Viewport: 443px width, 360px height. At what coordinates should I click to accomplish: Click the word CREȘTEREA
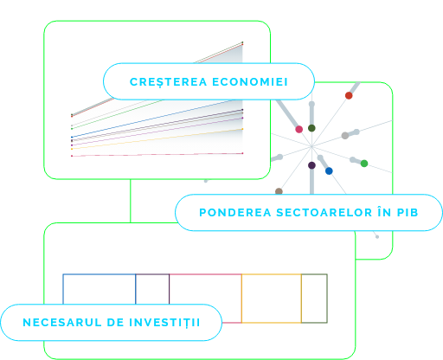click(169, 82)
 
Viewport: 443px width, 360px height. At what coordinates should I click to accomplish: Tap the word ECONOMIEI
click(250, 82)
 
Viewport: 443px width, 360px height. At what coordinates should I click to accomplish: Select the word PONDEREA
click(235, 213)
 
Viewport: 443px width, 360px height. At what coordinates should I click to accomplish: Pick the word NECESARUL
click(62, 323)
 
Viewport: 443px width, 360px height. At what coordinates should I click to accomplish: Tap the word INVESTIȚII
click(164, 323)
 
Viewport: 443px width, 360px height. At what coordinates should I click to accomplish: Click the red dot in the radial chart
click(349, 95)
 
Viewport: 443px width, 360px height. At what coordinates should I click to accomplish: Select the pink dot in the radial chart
click(299, 129)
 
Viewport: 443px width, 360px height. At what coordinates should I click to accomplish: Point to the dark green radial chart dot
click(311, 128)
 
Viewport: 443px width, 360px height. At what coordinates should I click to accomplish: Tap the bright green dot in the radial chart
click(364, 164)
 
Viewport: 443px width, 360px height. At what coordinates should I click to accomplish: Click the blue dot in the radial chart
click(329, 171)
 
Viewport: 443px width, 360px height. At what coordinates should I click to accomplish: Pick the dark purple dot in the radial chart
click(311, 165)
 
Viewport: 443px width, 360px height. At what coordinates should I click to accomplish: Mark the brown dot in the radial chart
click(279, 191)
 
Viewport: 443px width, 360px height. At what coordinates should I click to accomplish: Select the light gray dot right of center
click(345, 135)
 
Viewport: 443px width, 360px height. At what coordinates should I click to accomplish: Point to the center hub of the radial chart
click(311, 146)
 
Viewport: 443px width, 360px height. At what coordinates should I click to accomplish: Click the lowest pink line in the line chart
click(157, 155)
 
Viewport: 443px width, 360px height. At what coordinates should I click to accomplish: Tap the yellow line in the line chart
click(157, 139)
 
